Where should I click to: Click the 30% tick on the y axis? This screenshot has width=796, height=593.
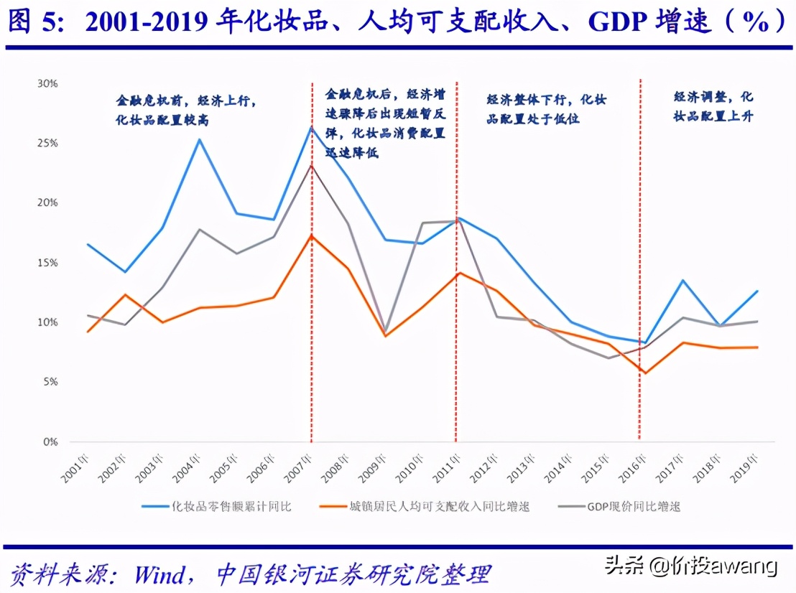(x=47, y=83)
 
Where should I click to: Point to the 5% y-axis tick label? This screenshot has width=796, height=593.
(x=50, y=382)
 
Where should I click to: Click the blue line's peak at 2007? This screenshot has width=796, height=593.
(x=311, y=127)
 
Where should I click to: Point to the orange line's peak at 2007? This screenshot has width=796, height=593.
(x=311, y=235)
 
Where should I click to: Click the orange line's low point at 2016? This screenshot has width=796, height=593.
(x=645, y=373)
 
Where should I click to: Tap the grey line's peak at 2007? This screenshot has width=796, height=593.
(x=311, y=165)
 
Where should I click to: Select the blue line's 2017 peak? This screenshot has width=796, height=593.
(x=682, y=281)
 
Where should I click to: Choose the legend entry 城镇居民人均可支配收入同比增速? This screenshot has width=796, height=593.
(x=439, y=506)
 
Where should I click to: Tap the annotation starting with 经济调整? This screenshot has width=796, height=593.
(x=713, y=106)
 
